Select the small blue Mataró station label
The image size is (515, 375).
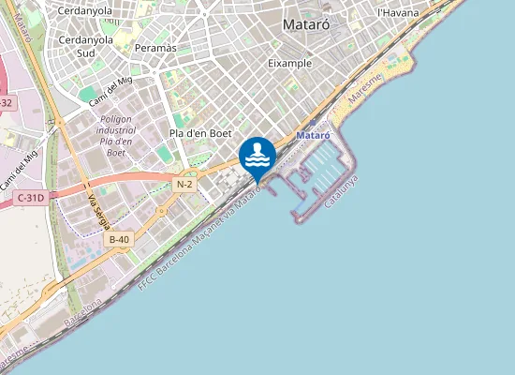coord(314,136)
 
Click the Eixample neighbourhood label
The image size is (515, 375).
coord(288,63)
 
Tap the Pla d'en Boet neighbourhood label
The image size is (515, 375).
coord(200,133)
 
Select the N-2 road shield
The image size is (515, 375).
coord(184,185)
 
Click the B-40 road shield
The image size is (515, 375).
coord(119,240)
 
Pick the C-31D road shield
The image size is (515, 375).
coord(31,198)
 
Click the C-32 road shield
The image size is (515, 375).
coord(5,102)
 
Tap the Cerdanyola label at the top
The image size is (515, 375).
coord(85,11)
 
